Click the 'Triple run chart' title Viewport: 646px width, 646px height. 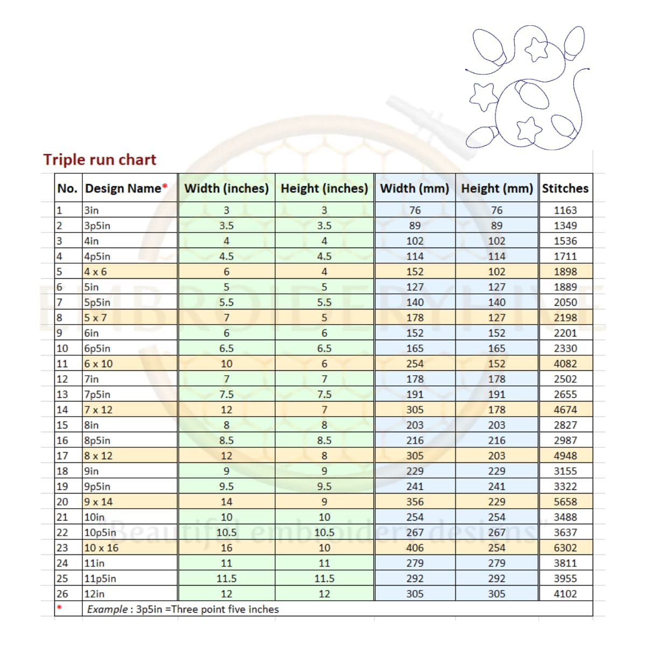coord(100,160)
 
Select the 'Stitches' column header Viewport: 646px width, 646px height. coord(565,188)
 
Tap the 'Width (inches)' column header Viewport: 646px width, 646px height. coord(226,188)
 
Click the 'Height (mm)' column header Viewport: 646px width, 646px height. coord(496,188)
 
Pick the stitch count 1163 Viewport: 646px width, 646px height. coord(565,210)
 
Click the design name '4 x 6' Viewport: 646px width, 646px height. coord(95,272)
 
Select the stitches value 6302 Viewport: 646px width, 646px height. coord(565,548)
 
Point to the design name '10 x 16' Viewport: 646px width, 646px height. coord(101,548)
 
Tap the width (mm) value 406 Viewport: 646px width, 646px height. coord(415,548)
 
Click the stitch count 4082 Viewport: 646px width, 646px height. coord(565,364)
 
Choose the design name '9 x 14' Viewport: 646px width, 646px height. coord(99,502)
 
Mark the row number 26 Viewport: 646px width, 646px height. coord(62,594)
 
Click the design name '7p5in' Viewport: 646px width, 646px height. coord(97,395)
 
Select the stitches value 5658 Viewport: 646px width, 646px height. coord(565,502)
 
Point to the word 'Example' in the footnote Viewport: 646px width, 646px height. coord(107,609)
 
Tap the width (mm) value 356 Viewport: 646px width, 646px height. coord(415,502)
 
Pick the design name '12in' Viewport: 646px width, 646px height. coord(95,594)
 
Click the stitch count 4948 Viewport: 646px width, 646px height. coord(565,456)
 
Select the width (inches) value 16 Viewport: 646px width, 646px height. coord(226,548)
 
